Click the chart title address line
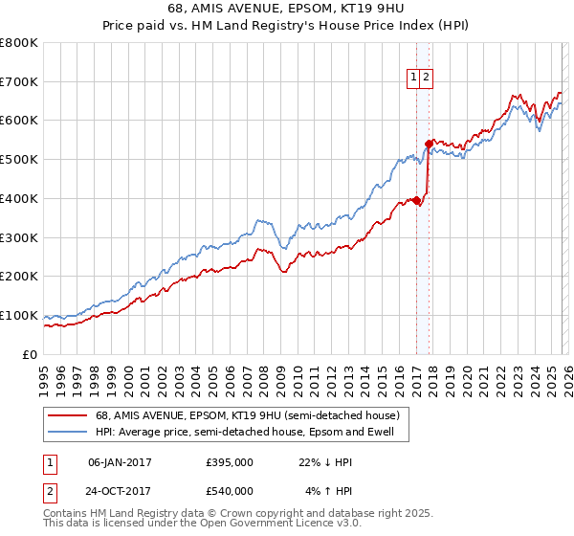(287, 10)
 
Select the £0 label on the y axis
(29, 354)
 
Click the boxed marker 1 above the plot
(415, 79)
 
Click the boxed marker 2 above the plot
(427, 79)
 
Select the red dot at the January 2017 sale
(416, 200)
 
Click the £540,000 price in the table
(230, 491)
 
